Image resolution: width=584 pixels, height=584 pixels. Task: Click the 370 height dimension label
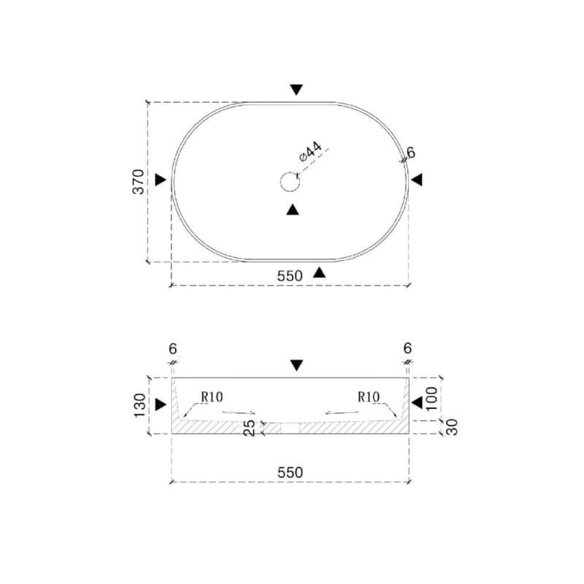(138, 182)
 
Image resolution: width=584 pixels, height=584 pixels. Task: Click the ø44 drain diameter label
(310, 151)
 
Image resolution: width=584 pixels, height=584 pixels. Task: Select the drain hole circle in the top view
(290, 182)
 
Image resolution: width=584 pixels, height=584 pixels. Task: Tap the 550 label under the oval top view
(290, 276)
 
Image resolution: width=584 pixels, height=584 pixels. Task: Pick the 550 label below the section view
(290, 472)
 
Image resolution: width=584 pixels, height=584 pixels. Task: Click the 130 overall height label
(139, 406)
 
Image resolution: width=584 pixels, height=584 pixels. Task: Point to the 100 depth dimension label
(431, 399)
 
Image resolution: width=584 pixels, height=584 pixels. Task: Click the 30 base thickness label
(452, 427)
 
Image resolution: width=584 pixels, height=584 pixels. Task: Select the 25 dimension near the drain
(249, 428)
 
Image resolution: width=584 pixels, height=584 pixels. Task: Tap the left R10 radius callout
(212, 397)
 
